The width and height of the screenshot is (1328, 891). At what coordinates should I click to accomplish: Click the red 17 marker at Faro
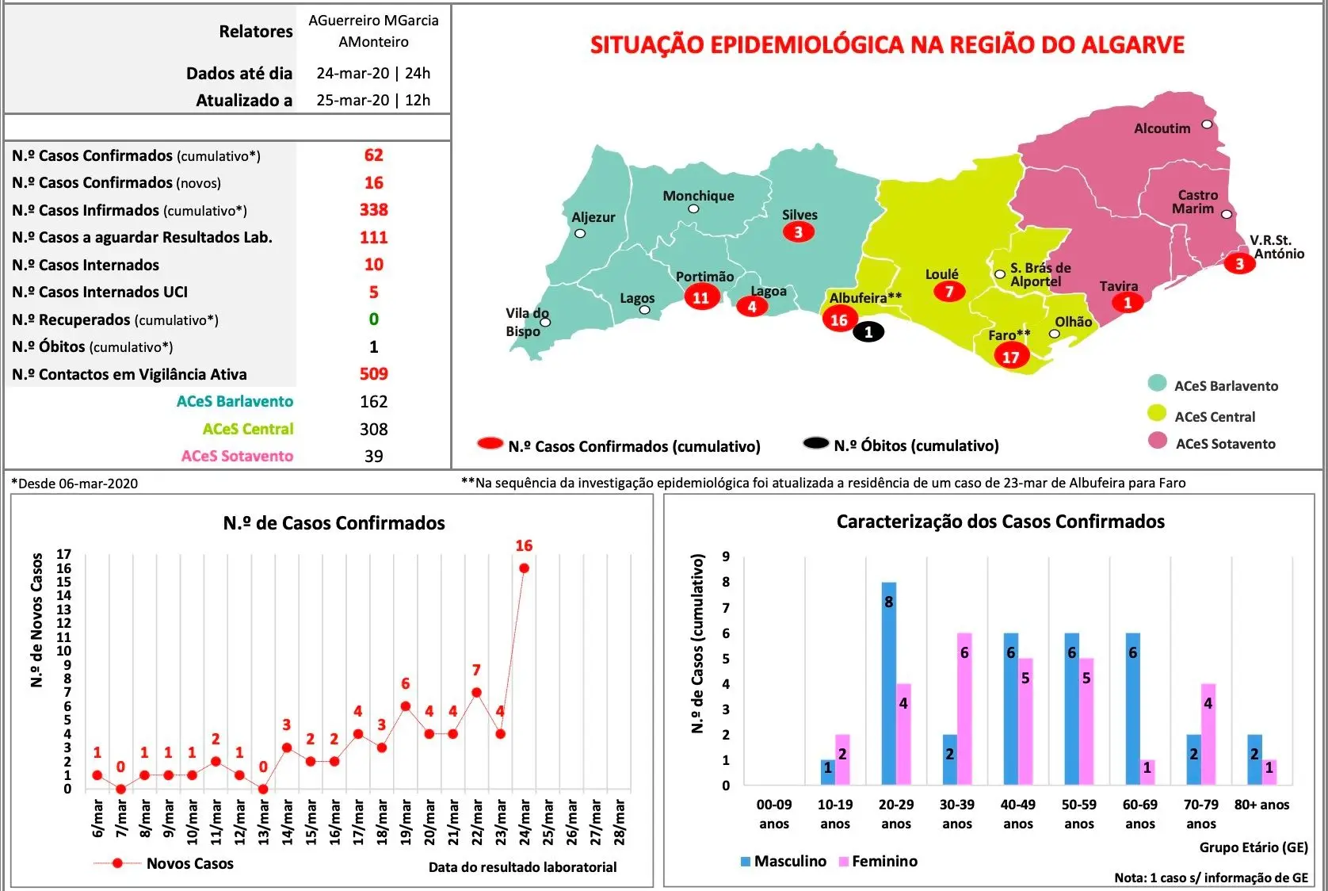[1011, 357]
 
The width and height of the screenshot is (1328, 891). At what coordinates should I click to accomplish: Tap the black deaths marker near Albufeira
[868, 332]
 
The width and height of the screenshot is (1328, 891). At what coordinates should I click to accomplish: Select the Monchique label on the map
[698, 196]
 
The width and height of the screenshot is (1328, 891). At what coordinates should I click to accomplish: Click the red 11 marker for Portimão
[701, 297]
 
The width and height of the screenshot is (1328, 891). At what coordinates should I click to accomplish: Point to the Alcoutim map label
[1162, 128]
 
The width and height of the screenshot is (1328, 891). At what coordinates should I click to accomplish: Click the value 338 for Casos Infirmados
[373, 210]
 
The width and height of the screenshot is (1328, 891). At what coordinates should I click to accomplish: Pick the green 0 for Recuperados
[373, 319]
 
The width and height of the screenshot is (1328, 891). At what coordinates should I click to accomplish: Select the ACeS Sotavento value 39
[373, 456]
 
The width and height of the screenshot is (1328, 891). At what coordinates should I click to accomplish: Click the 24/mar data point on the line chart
[524, 568]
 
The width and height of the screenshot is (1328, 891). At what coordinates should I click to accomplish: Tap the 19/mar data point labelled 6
[406, 706]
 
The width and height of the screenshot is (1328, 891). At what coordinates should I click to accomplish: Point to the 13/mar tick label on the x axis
[263, 821]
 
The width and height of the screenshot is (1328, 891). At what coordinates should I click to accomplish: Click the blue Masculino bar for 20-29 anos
[889, 683]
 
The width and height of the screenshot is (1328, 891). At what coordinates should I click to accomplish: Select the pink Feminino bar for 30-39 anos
[964, 709]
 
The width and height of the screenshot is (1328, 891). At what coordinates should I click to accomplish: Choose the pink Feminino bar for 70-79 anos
[1208, 734]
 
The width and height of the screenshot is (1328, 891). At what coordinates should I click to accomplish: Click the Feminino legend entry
[878, 862]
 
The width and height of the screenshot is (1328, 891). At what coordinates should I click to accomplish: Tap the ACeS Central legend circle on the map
[1157, 414]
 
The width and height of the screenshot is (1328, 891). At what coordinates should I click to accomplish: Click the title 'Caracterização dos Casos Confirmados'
[1000, 522]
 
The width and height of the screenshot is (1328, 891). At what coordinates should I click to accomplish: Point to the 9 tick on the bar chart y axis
[726, 556]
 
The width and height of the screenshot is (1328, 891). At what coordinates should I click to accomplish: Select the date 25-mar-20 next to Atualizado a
[353, 100]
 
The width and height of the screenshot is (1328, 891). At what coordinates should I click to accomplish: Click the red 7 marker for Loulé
[949, 291]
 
